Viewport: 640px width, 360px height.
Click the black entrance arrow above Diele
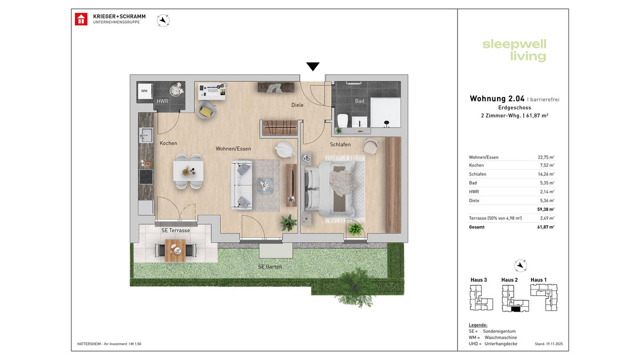click(x=313, y=67)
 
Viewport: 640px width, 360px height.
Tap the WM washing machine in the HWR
click(x=144, y=91)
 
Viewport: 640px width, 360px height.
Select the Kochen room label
click(x=168, y=143)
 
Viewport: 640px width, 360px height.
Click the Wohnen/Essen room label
click(x=233, y=148)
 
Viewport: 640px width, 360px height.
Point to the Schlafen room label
click(x=340, y=145)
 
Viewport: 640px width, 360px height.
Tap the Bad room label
click(x=359, y=101)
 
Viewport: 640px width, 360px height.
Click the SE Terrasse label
click(x=175, y=230)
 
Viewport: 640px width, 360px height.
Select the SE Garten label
click(x=270, y=267)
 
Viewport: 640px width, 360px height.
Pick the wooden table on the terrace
click(x=174, y=250)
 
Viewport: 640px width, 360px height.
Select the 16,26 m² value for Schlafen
click(x=546, y=174)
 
